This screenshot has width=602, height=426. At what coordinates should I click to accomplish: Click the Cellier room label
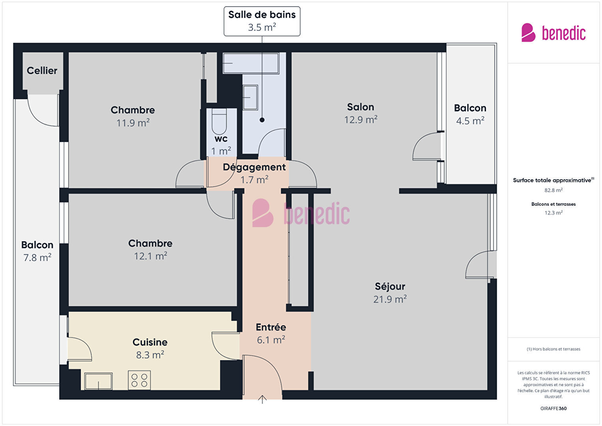click(42, 70)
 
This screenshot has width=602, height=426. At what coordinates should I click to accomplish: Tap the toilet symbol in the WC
click(219, 122)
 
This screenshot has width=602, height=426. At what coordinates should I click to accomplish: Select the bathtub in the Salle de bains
click(251, 63)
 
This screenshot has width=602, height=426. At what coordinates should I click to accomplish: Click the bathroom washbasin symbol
click(250, 98)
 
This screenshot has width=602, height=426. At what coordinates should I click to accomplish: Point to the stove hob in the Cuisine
click(139, 380)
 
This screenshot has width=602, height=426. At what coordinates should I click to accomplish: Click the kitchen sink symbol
click(98, 381)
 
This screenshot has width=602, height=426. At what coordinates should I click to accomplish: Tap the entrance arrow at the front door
click(262, 400)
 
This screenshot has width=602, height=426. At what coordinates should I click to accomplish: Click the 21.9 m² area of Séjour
click(390, 299)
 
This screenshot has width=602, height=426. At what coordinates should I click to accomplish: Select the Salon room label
click(361, 107)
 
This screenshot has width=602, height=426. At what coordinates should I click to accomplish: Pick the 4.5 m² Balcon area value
click(470, 121)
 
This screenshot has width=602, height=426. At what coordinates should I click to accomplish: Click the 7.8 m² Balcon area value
click(37, 258)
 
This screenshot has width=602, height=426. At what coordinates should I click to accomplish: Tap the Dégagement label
click(254, 167)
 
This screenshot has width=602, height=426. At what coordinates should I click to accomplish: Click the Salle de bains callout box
click(262, 21)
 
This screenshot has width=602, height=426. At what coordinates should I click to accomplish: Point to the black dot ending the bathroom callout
click(262, 120)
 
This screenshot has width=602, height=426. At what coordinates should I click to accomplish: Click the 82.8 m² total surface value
click(553, 190)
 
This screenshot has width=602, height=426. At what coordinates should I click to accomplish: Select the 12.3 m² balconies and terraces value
click(553, 213)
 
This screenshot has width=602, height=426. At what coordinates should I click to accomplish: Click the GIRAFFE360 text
click(553, 408)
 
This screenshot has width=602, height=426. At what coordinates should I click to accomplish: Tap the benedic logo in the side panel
click(553, 33)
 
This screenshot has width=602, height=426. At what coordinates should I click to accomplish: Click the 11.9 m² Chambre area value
click(133, 123)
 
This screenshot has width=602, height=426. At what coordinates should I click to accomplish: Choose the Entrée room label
click(271, 327)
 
